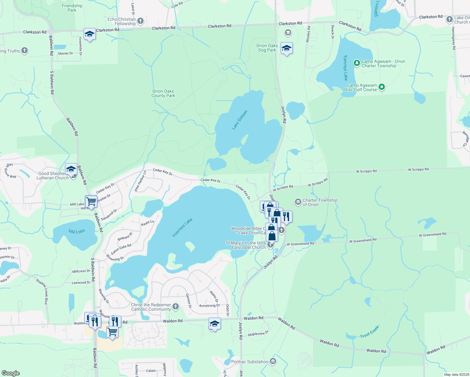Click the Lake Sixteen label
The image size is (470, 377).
tap(240, 120)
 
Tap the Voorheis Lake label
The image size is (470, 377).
tap(182, 228)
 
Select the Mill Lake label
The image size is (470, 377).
tap(77, 232)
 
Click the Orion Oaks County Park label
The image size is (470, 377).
tap(163, 93)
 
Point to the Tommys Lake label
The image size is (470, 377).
tap(345, 68)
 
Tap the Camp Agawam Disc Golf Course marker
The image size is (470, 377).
tap(382, 87)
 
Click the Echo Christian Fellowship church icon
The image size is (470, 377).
tap(140, 21)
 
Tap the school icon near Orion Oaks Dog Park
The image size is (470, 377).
tap(287, 48)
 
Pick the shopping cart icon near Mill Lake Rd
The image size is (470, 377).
tap(91, 201)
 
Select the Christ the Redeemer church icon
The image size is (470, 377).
tap(176, 307)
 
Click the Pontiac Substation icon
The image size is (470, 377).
tap(273, 362)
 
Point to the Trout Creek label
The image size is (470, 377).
tap(370, 332)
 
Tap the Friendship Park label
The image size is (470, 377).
tap(72, 8)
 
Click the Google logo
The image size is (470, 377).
tap(11, 373)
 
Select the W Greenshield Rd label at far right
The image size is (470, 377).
tap(432, 234)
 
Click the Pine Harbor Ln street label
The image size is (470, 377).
tap(140, 181)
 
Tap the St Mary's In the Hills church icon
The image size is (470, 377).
tap(271, 245)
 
